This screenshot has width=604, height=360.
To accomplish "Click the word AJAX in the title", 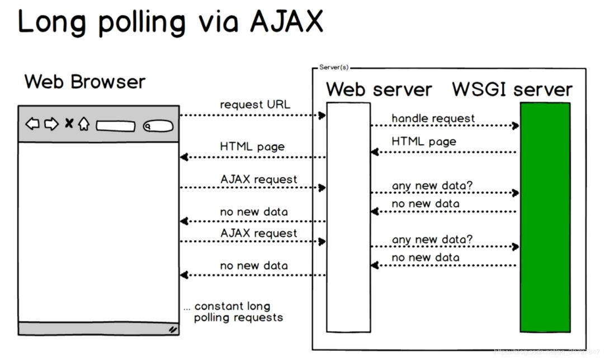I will [286, 22].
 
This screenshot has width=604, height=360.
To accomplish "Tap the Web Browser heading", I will [84, 82].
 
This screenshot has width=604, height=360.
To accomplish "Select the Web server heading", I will [379, 89].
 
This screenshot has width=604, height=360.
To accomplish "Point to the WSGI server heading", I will [512, 89].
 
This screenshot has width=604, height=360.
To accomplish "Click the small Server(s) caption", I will [334, 67].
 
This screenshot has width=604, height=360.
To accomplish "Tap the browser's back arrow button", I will [33, 124].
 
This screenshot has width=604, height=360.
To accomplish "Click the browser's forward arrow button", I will [51, 124].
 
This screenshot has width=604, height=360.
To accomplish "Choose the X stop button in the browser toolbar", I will [69, 124].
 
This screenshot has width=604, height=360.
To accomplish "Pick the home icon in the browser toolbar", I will [84, 124].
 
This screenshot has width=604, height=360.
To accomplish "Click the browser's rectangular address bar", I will [115, 126].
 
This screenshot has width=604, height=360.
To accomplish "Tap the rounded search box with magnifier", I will [157, 126].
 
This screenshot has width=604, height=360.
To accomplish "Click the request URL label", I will [255, 105].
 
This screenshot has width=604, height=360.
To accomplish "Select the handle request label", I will [433, 119].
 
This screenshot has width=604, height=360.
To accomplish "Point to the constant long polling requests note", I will [233, 312].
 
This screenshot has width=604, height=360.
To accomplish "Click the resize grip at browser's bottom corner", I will [173, 330].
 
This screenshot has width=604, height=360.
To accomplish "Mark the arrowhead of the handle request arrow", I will [516, 126].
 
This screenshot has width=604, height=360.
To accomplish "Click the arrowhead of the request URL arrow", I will [322, 115].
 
